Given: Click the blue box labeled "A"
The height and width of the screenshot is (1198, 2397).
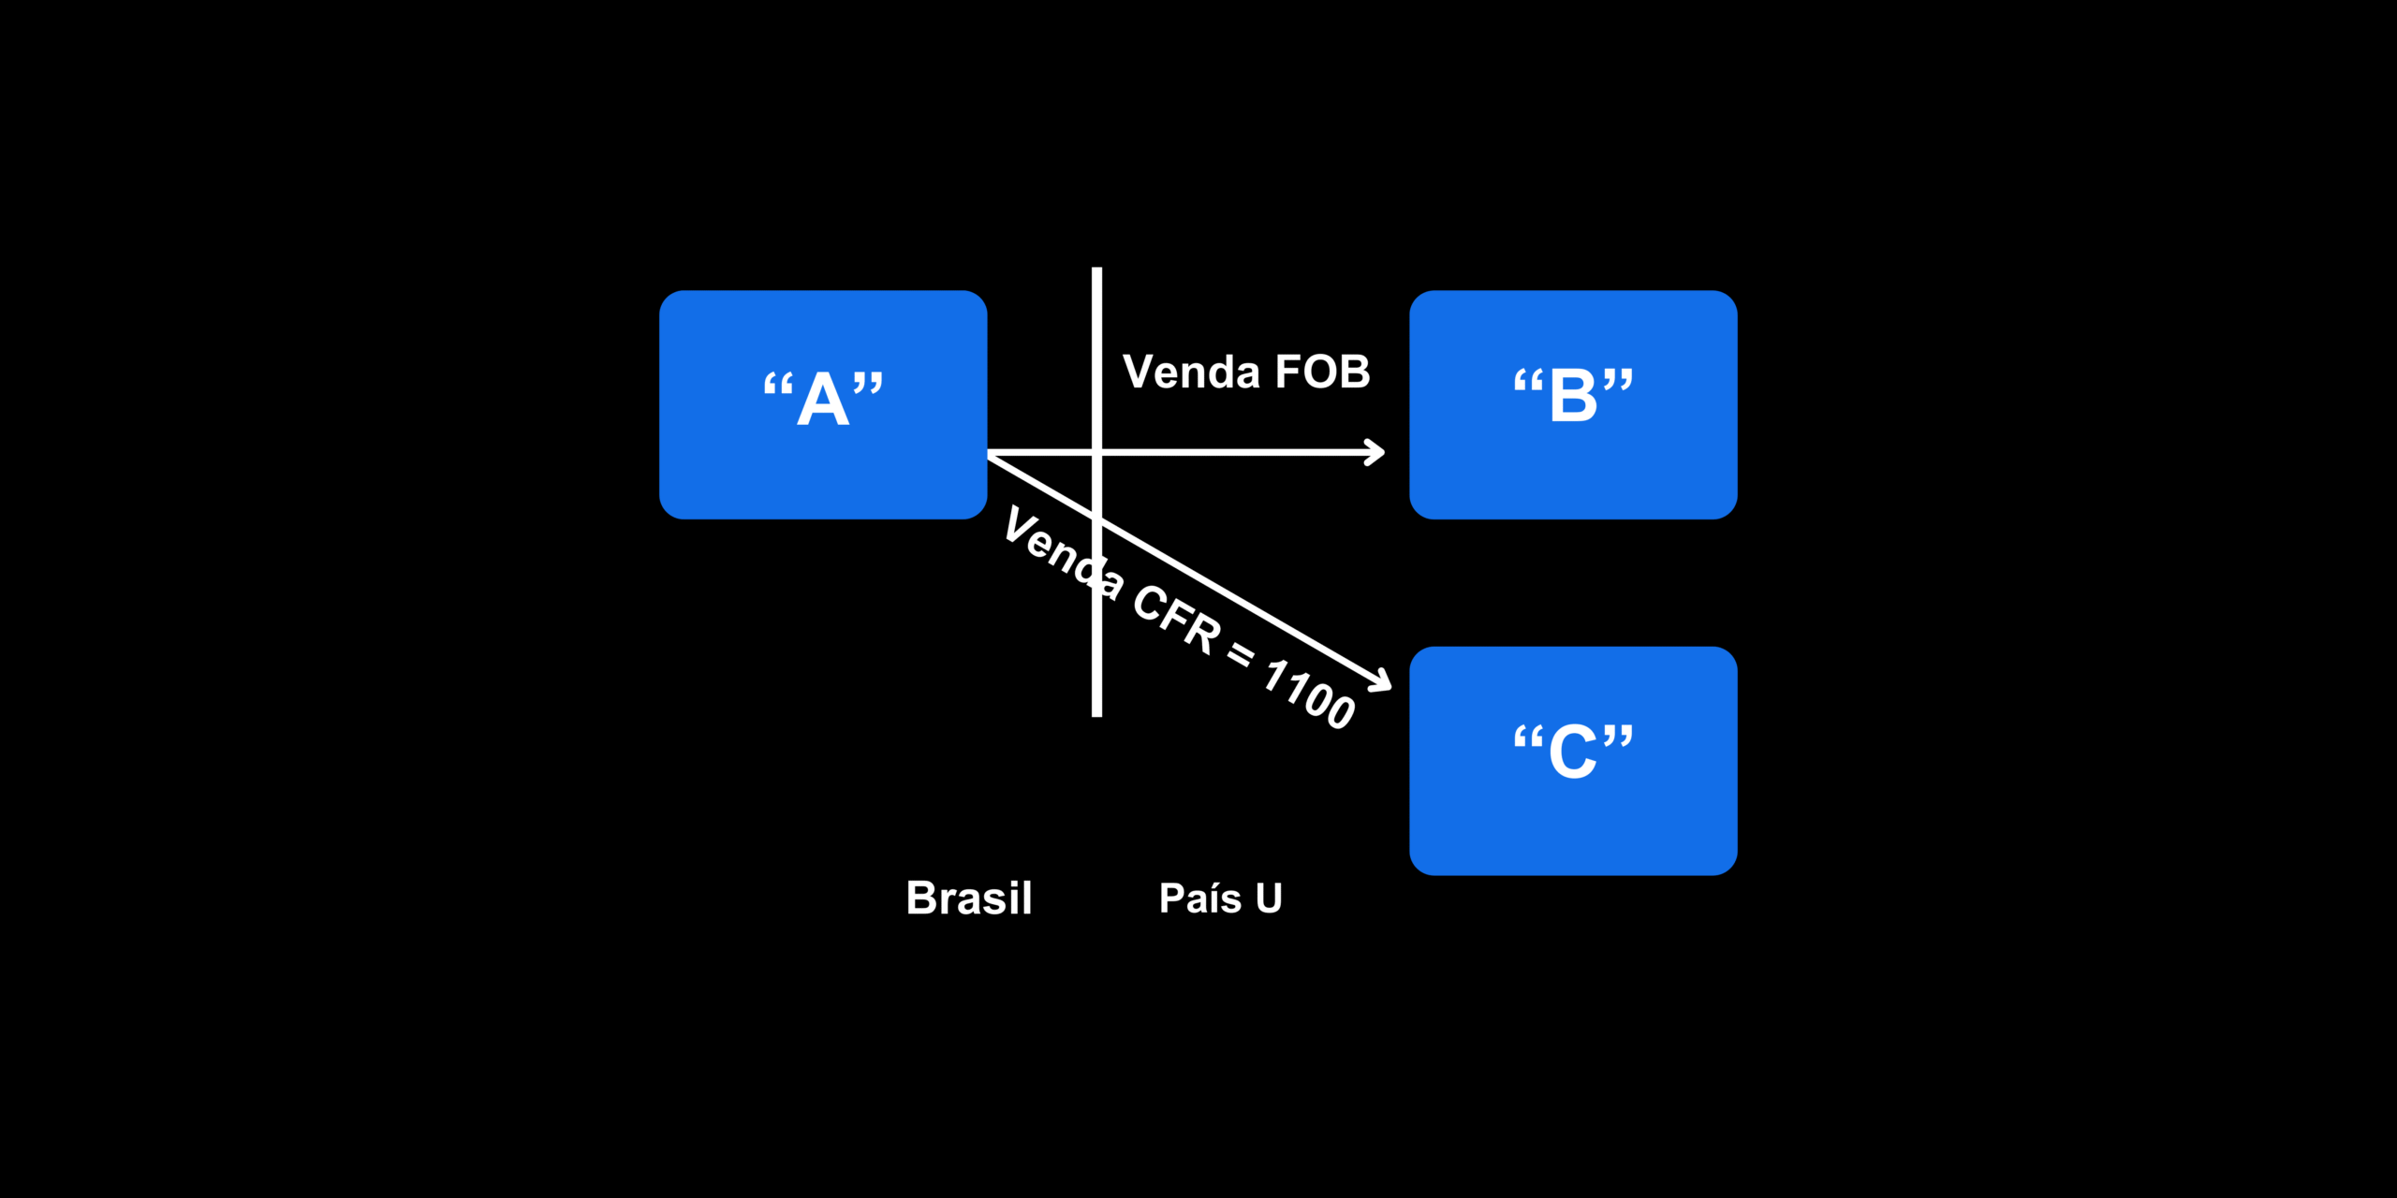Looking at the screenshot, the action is (x=823, y=404).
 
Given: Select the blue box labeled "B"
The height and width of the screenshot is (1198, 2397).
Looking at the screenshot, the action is (x=1573, y=404).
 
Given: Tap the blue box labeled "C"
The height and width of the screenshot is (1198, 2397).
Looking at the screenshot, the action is (x=1573, y=761).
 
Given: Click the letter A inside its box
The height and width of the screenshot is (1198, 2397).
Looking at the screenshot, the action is (x=823, y=399).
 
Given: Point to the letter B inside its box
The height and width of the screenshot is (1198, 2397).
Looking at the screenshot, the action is (x=1574, y=395).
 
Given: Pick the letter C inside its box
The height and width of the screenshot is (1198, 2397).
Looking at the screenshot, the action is (x=1573, y=751).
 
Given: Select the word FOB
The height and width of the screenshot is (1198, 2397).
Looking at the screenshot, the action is (x=1323, y=373).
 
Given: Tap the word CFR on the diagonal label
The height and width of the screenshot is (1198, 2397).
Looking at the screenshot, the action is (x=1177, y=619).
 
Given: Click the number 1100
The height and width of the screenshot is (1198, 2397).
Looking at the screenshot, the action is (x=1309, y=694).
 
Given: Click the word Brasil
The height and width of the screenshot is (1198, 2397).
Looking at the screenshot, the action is (x=969, y=898).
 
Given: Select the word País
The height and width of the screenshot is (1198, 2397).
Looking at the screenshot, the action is (x=1200, y=898).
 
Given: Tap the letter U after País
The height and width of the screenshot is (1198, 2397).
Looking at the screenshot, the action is (x=1269, y=898).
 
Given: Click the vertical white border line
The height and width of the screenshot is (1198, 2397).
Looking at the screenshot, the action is (x=1096, y=492).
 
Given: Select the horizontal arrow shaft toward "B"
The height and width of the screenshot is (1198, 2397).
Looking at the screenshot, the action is (x=1184, y=453).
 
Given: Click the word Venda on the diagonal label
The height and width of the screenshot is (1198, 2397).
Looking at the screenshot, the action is (x=1063, y=552).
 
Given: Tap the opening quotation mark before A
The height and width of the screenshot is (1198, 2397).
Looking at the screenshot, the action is (x=778, y=386).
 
